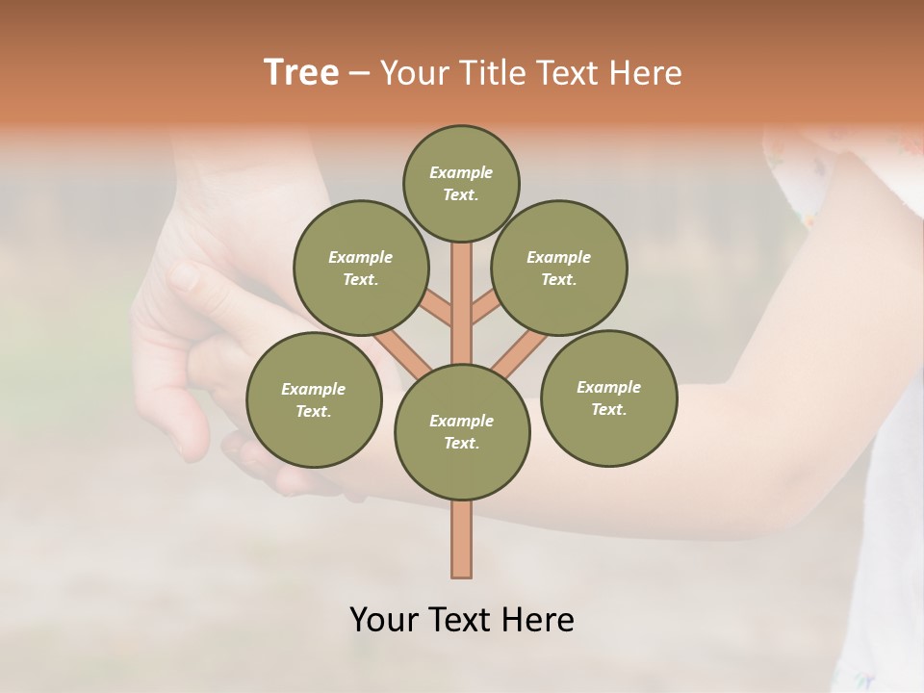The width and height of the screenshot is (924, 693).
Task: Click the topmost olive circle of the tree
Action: click(461, 183)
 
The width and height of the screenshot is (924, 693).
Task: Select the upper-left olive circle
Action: click(360, 268)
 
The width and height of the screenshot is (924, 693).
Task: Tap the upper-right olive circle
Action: click(559, 268)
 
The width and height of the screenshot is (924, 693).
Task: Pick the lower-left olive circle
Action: click(314, 399)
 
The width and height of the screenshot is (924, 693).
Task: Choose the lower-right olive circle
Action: click(608, 398)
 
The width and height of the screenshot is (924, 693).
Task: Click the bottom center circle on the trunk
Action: click(462, 432)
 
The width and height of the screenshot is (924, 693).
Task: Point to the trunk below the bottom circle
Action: click(462, 539)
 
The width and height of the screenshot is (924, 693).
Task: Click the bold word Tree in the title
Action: click(301, 72)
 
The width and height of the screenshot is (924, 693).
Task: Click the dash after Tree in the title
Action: click(360, 73)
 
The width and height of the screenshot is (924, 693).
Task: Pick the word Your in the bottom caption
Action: click(385, 619)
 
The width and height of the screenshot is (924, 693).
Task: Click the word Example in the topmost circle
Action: click(461, 172)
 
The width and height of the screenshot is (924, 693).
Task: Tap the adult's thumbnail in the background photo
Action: click(183, 277)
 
